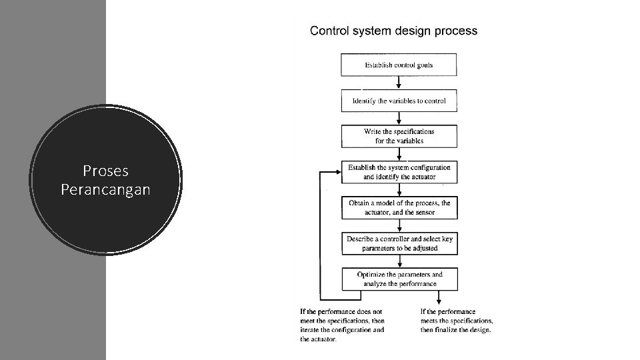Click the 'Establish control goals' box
click(x=399, y=65)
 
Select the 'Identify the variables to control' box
click(x=399, y=101)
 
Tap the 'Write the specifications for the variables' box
click(x=399, y=137)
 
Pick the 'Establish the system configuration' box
click(x=399, y=172)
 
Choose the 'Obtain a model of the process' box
click(x=399, y=207)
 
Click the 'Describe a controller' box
click(x=399, y=243)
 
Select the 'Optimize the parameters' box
click(x=399, y=279)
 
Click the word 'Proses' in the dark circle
click(x=105, y=171)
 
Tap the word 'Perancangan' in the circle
click(x=105, y=190)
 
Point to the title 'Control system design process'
click(x=394, y=31)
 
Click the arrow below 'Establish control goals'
click(x=399, y=83)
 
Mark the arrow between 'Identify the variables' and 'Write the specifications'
click(x=399, y=119)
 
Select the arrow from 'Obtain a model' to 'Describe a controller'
click(x=399, y=225)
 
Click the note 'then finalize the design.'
click(x=456, y=330)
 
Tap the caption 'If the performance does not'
click(x=341, y=311)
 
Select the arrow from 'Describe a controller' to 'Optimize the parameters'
click(x=399, y=261)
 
